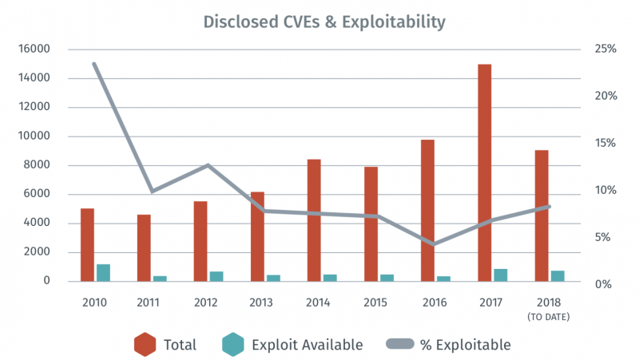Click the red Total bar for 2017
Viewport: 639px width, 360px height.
point(485,172)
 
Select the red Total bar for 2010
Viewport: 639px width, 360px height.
point(87,244)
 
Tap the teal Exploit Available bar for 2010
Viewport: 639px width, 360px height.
point(103,272)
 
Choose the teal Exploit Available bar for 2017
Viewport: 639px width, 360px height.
point(501,275)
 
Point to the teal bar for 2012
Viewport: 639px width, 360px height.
point(216,276)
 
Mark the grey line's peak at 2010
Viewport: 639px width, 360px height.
point(94,64)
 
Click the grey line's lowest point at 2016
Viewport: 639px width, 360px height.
point(435,243)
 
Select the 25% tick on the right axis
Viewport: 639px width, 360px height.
point(605,49)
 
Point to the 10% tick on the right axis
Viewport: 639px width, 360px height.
point(605,191)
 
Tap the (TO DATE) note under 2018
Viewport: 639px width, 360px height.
point(548,317)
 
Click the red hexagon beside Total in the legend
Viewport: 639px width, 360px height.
point(145,345)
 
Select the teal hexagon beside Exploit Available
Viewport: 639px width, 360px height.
point(233,345)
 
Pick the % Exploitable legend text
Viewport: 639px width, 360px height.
point(465,345)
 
